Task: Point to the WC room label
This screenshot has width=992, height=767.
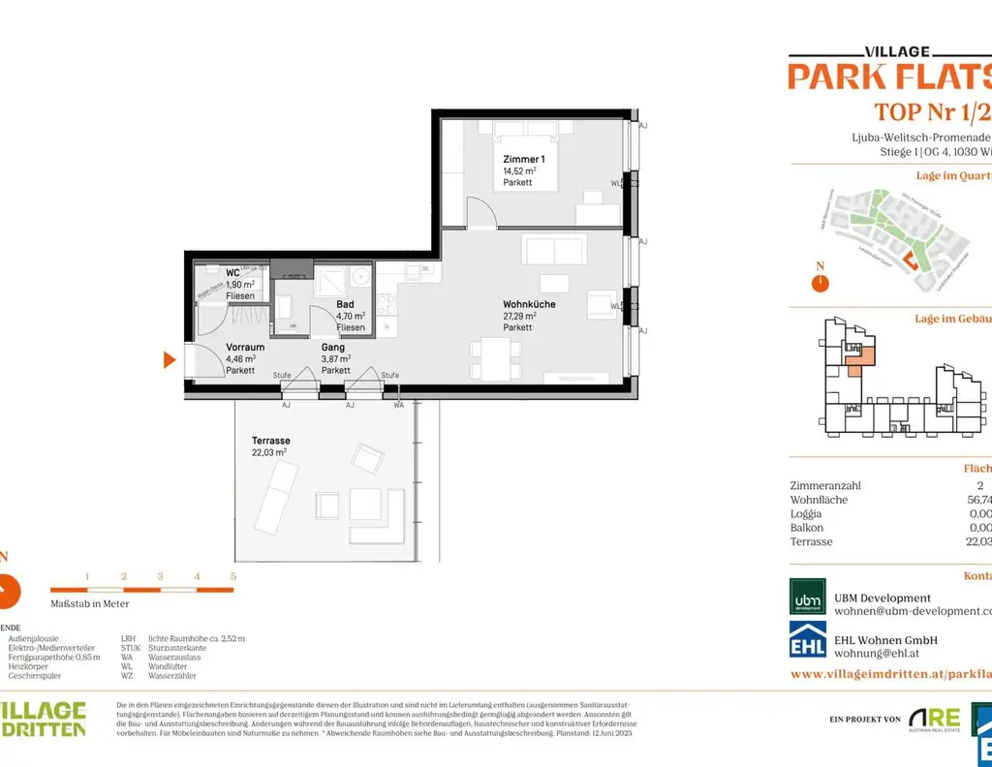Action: pyautogui.click(x=232, y=273)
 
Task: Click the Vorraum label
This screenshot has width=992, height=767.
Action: pyautogui.click(x=245, y=347)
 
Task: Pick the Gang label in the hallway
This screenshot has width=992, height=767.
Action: pyautogui.click(x=334, y=347)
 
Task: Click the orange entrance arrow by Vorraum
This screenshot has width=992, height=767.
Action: pyautogui.click(x=169, y=360)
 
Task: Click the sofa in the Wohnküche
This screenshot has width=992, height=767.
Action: pyautogui.click(x=553, y=250)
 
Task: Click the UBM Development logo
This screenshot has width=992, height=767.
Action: pyautogui.click(x=807, y=597)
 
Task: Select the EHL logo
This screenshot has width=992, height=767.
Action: pyautogui.click(x=807, y=640)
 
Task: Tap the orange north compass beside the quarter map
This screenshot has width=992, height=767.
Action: pyautogui.click(x=820, y=283)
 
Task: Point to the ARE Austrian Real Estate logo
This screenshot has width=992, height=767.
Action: pyautogui.click(x=932, y=719)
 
